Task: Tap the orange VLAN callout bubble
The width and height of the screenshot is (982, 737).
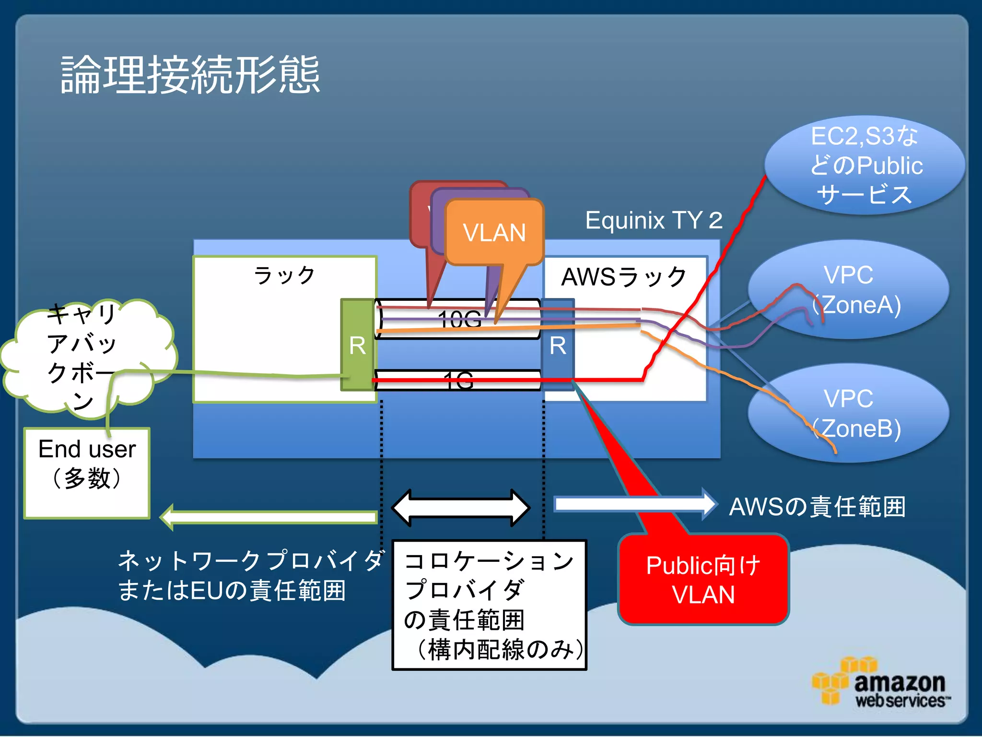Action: (494, 232)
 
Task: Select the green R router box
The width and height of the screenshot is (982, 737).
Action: (357, 345)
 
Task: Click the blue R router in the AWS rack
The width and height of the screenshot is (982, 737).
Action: (558, 345)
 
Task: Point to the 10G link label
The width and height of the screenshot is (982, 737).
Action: (459, 319)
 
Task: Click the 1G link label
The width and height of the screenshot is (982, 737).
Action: (458, 380)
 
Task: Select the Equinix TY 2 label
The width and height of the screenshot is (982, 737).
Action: (654, 220)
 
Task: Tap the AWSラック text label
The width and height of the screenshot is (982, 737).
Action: (624, 277)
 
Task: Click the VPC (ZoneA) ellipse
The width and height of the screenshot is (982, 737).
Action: (848, 289)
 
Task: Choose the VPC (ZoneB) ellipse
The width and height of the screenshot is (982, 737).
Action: (848, 413)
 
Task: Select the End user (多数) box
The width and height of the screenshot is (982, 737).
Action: (87, 473)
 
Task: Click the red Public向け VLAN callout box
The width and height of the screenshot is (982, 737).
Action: (703, 580)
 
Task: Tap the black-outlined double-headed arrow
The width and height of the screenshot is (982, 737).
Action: (461, 508)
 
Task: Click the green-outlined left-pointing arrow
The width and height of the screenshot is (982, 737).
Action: (269, 517)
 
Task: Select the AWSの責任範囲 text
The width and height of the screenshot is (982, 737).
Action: (817, 507)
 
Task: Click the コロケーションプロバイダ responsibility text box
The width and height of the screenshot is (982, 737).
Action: (489, 605)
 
